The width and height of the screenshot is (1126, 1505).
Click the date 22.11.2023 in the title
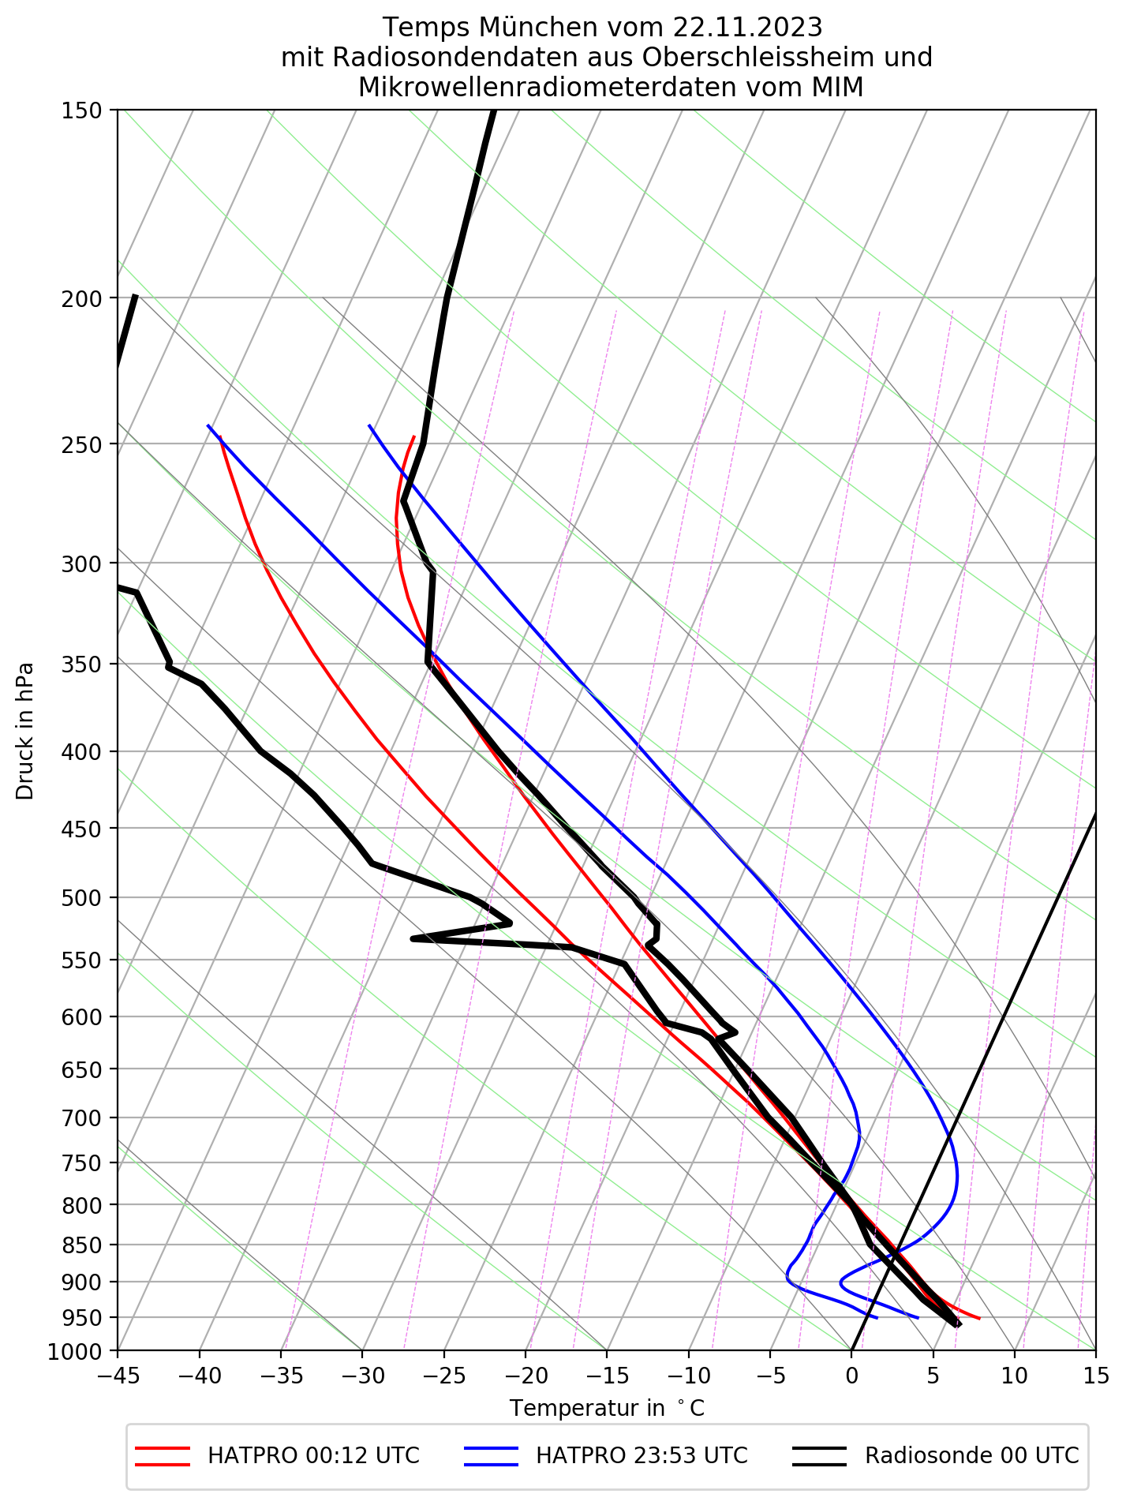[747, 28]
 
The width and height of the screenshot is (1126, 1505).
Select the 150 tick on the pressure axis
[82, 110]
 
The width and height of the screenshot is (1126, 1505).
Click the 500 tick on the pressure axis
[82, 898]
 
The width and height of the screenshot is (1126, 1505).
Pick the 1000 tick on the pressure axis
[77, 1353]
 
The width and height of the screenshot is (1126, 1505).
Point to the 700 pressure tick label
[82, 1118]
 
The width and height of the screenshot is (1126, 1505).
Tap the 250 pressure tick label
[82, 444]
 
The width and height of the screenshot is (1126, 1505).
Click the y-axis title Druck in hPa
[25, 731]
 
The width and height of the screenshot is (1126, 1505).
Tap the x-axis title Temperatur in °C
[607, 1409]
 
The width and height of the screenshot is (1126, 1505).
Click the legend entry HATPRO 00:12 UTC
[313, 1455]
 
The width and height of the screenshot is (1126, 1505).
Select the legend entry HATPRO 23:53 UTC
[642, 1455]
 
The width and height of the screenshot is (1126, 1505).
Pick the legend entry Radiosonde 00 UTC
[971, 1455]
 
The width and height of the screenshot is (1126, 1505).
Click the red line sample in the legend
[163, 1456]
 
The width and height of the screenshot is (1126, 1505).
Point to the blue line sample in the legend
[491, 1456]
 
